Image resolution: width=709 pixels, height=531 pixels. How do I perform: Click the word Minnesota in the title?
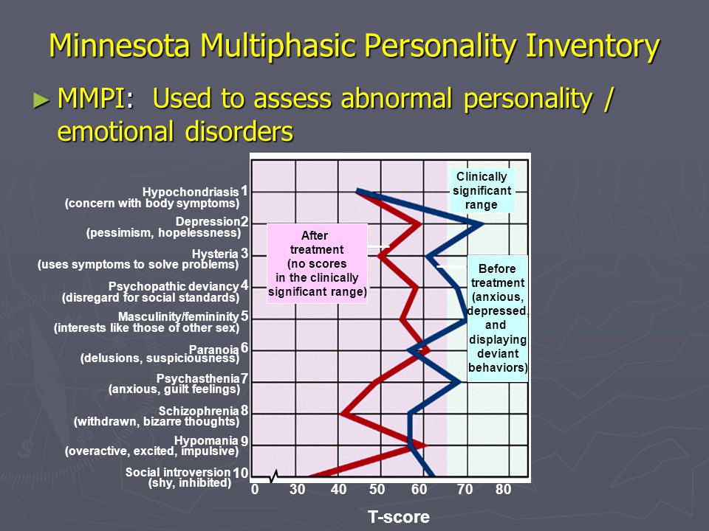click(120, 46)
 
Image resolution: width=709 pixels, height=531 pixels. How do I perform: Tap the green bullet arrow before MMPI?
click(41, 100)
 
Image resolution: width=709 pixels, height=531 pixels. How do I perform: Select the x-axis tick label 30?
click(297, 490)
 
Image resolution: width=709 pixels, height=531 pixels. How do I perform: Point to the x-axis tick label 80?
click(503, 490)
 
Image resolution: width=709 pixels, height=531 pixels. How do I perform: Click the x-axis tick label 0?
click(255, 490)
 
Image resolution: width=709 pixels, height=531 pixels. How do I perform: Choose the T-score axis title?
click(398, 517)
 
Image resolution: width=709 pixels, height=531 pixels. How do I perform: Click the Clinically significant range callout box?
click(482, 190)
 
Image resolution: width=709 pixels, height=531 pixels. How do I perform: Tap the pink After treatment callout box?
click(317, 263)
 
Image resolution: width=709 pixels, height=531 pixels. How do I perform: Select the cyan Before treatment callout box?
click(497, 319)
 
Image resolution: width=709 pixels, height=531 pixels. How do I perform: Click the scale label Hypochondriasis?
click(191, 192)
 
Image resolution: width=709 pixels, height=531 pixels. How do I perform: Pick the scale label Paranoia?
click(213, 350)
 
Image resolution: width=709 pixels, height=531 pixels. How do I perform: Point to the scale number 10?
click(240, 473)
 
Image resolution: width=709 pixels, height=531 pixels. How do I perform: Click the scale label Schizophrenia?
click(199, 411)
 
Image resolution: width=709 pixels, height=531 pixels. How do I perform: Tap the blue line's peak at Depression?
click(482, 223)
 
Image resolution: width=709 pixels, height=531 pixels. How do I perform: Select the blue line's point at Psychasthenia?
click(459, 382)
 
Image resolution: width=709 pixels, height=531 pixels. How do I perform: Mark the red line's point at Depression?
click(419, 223)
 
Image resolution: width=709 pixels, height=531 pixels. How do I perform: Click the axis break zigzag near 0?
click(273, 476)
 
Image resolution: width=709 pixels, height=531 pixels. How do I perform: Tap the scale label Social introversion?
click(178, 472)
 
